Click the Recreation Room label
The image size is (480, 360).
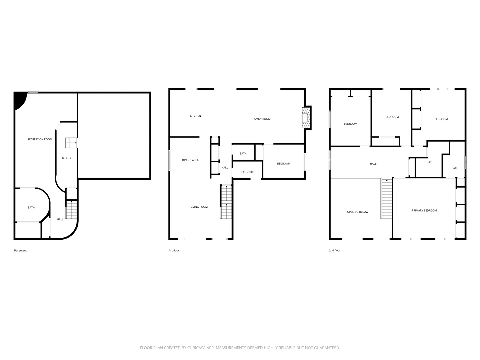click(40, 139)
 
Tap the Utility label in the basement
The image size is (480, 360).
click(67, 158)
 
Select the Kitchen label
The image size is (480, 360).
click(195, 116)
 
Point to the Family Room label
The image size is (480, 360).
click(262, 119)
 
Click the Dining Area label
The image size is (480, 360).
click(190, 160)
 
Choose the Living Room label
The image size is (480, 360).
click(199, 207)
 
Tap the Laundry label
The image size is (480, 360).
click(247, 172)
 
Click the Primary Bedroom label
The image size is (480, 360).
click(424, 210)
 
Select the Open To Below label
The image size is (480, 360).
click(358, 212)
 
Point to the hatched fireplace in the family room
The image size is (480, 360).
click(306, 118)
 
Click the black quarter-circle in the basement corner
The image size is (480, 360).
click(19, 100)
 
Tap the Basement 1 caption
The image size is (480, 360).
click(21, 250)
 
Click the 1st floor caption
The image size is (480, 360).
click(174, 250)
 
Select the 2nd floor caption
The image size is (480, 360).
click(335, 250)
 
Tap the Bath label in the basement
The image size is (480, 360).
click(31, 207)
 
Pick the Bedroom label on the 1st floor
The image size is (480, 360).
click(284, 163)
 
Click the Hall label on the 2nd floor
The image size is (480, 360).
click(373, 163)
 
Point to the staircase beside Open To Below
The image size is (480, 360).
click(387, 199)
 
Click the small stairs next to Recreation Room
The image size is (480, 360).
click(71, 143)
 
